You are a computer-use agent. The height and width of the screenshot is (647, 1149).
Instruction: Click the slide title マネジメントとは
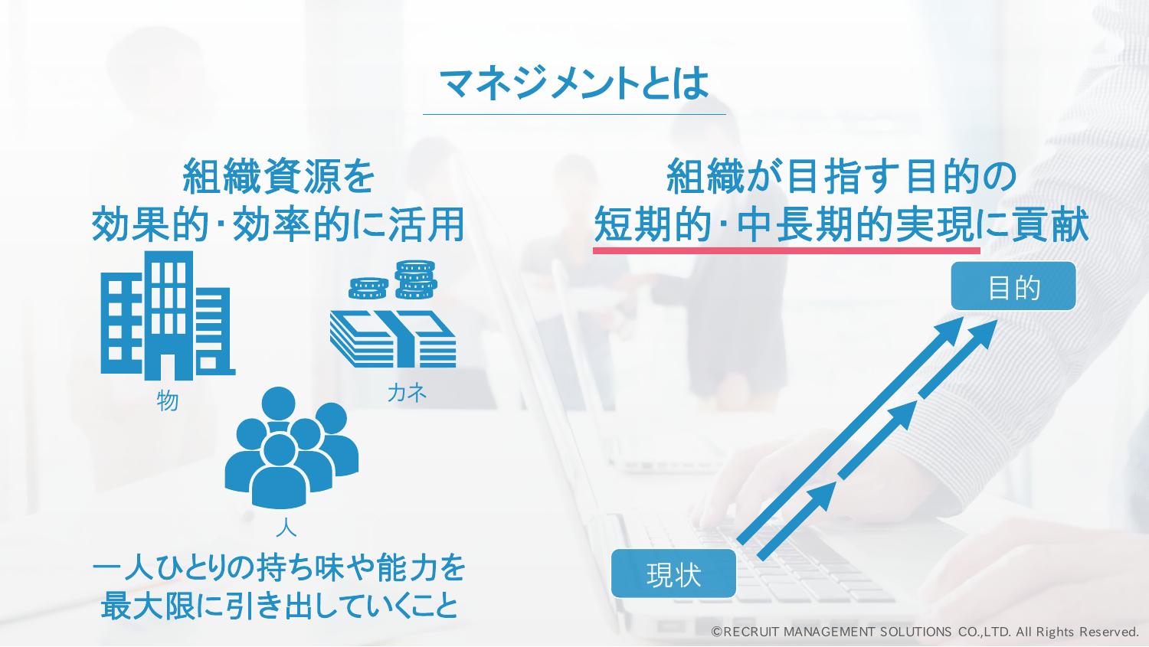[574, 83]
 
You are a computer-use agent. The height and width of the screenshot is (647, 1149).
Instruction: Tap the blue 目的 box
[1013, 286]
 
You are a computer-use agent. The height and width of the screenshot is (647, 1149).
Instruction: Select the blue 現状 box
[673, 573]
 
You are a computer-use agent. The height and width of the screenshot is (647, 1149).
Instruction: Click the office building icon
[168, 315]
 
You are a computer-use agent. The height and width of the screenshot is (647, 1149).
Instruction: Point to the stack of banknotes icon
[393, 338]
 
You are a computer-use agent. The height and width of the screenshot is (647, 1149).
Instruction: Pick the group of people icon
[291, 447]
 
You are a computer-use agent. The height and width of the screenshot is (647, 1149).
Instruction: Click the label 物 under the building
[167, 400]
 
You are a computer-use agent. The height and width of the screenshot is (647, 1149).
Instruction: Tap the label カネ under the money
[407, 394]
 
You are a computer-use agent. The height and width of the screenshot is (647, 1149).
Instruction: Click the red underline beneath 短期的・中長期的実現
[787, 250]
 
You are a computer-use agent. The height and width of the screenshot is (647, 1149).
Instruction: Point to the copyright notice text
[925, 632]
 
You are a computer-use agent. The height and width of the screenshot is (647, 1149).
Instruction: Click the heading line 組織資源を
[279, 176]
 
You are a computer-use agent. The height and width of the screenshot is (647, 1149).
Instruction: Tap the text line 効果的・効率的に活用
[279, 224]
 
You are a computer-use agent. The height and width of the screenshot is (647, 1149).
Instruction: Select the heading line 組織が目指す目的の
[841, 176]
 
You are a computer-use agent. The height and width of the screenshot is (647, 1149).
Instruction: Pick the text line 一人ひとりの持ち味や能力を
[280, 568]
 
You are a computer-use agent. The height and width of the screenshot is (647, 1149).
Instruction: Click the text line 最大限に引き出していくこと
[280, 606]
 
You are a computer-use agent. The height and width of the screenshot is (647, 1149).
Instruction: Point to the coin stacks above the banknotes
[393, 280]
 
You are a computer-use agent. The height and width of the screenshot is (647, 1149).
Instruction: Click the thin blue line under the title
[574, 114]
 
